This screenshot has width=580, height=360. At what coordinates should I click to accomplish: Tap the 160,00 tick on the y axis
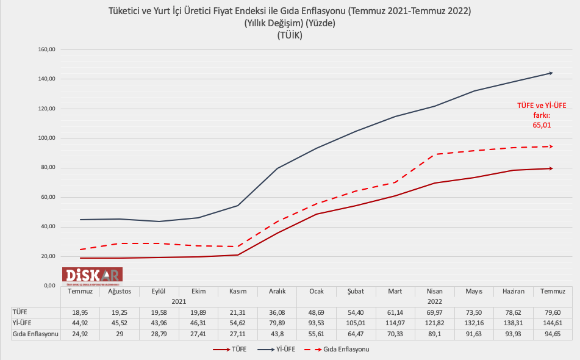coord(47,49)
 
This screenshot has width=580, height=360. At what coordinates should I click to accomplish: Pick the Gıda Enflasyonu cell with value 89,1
coord(434,334)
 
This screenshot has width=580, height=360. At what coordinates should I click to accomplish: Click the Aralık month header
coord(277,292)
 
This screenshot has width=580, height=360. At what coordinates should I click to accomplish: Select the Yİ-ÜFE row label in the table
coord(23,323)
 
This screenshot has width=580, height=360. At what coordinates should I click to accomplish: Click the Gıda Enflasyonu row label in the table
coord(35,334)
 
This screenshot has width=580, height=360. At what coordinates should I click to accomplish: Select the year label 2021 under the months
coord(178,301)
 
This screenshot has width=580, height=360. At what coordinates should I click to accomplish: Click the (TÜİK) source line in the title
coord(290,35)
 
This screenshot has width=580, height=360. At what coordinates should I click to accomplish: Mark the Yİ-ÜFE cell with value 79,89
coord(277,323)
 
